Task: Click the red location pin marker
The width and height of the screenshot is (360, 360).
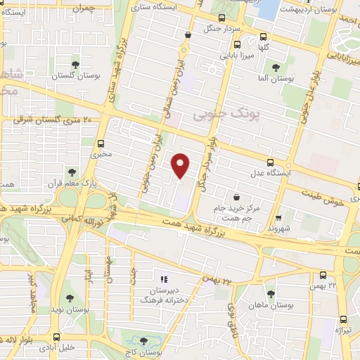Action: tap(181, 165)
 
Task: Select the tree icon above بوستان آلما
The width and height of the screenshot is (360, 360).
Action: tap(273, 68)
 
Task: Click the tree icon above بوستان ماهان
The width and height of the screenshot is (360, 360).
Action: tap(271, 294)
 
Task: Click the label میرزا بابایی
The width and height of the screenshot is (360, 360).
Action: tap(237, 54)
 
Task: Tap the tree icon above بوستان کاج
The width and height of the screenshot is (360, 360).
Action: tap(144, 340)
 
